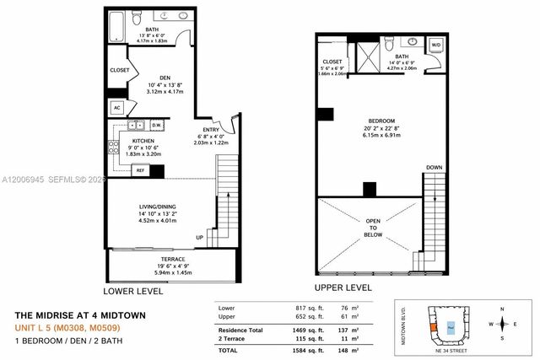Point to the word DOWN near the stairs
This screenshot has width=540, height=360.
click(434, 168)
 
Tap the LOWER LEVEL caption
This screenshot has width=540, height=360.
click(133, 290)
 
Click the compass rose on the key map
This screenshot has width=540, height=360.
click(504, 324)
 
